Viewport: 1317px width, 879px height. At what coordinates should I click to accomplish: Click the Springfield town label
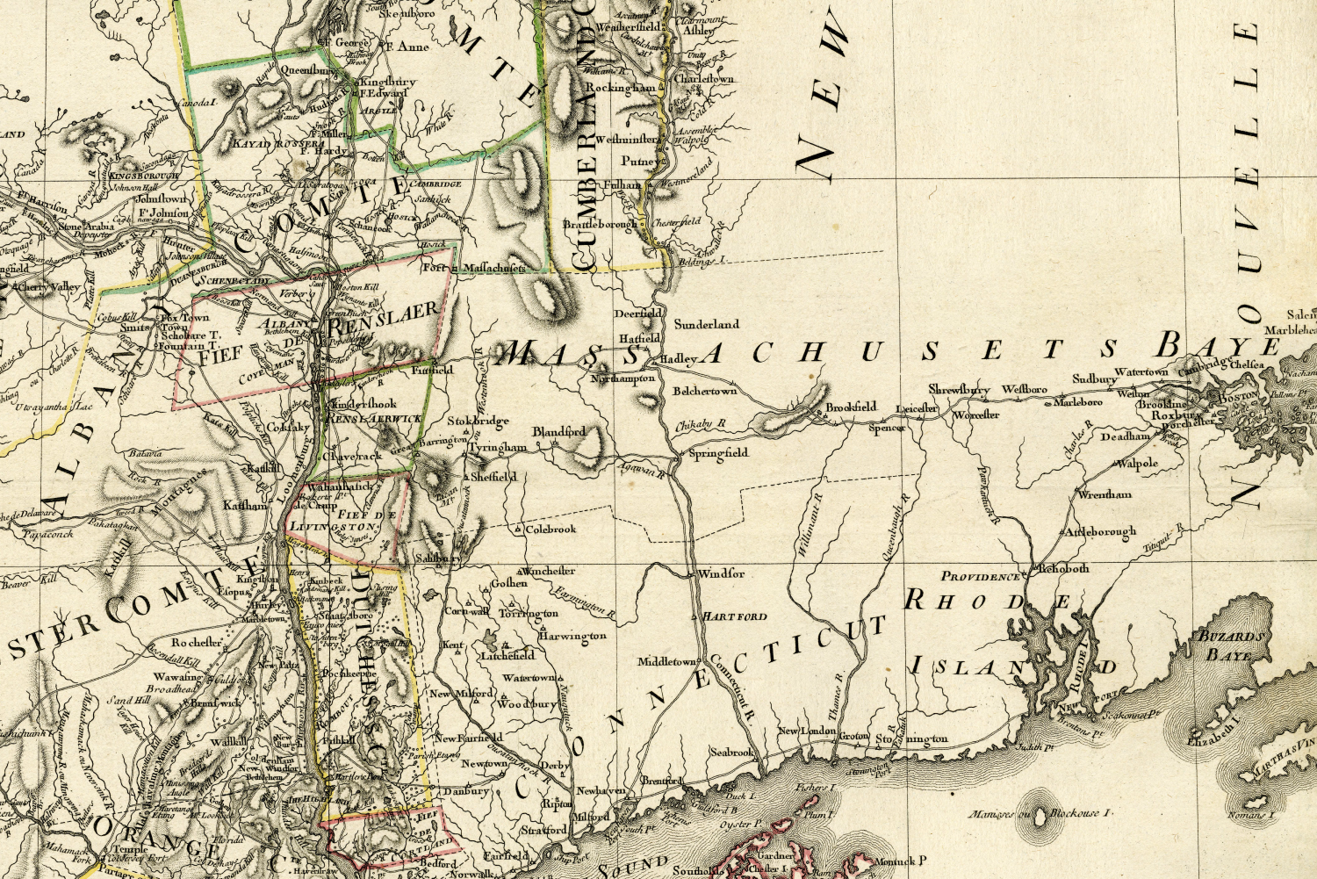coord(718,453)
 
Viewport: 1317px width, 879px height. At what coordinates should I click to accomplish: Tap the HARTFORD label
coord(735,616)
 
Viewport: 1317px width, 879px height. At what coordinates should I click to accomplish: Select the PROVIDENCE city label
coord(982,577)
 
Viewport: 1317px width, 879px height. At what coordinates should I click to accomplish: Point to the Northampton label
coord(623,378)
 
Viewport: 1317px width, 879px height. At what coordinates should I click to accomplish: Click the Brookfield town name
coord(851,407)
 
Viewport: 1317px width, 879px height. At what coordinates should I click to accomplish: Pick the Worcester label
coord(976,414)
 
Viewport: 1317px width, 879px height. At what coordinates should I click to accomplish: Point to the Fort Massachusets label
coord(473,267)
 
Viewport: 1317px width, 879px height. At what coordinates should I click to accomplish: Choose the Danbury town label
coord(465,791)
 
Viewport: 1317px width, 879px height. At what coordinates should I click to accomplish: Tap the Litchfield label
coord(507,655)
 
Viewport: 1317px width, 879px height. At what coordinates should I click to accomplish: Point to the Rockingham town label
coord(621,89)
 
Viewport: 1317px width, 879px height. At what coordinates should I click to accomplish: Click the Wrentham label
coord(1105,495)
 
